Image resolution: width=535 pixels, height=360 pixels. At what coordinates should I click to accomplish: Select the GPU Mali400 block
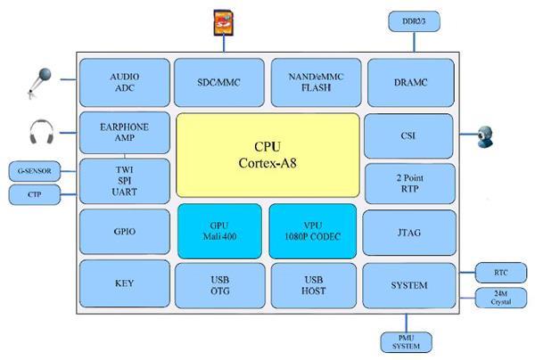(x=219, y=231)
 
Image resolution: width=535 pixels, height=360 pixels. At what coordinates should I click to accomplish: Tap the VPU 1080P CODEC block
(x=312, y=231)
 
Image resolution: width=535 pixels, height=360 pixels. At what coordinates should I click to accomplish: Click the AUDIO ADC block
(x=124, y=83)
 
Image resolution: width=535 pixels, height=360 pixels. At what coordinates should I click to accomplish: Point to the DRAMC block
(x=409, y=83)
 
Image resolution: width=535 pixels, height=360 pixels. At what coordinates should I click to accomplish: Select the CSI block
(x=409, y=136)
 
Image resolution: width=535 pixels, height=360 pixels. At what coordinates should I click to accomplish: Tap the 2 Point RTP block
(x=409, y=183)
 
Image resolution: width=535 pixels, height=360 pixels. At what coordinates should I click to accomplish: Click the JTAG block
(x=409, y=232)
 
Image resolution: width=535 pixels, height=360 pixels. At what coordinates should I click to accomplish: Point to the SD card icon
(x=222, y=21)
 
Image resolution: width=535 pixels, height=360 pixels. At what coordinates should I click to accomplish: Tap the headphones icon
(x=41, y=133)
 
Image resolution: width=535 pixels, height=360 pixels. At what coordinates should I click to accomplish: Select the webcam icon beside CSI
(x=489, y=135)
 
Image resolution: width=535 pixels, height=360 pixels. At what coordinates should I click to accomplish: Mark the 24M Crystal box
(x=491, y=297)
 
